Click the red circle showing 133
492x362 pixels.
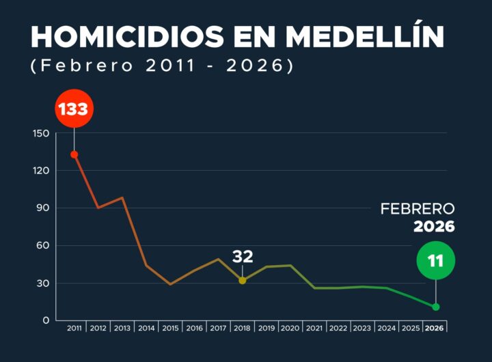coord(74,109)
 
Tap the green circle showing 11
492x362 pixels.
coord(435,261)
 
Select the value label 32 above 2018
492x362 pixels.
coord(243,257)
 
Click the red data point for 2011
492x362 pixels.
coord(74,154)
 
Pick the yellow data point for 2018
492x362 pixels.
coord(243,280)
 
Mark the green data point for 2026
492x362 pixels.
coord(435,307)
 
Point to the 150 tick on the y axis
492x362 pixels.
coord(41,133)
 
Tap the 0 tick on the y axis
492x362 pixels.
coord(45,320)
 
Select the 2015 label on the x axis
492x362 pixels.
coord(170,329)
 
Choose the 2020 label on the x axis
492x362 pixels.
coord(290,329)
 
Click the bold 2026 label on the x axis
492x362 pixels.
coord(435,329)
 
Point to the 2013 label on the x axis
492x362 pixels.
coord(122,329)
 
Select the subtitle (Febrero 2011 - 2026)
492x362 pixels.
coord(162,67)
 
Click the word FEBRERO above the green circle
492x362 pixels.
coord(417,209)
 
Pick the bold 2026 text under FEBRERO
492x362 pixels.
coord(433,227)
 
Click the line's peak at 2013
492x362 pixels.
coord(122,197)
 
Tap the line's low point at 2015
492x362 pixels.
coord(170,284)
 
